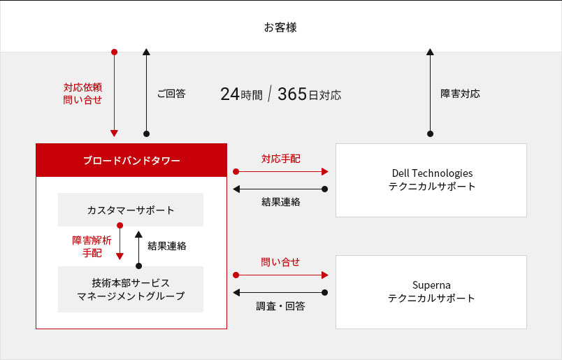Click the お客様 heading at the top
[280, 27]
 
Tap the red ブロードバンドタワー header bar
[131, 160]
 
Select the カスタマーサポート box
[131, 210]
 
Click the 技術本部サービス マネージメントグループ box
[131, 289]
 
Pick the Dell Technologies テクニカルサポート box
[431, 180]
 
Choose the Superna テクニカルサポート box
[431, 292]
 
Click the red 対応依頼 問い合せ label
[82, 94]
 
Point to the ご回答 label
[171, 94]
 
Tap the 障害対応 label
[460, 94]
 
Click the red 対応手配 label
[280, 159]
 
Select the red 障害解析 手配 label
[92, 247]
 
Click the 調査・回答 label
[280, 306]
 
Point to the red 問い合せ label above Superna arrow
[280, 262]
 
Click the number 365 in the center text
[292, 94]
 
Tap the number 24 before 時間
[230, 94]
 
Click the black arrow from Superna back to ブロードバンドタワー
[280, 293]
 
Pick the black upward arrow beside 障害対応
[430, 92]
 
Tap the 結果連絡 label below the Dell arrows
[281, 202]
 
